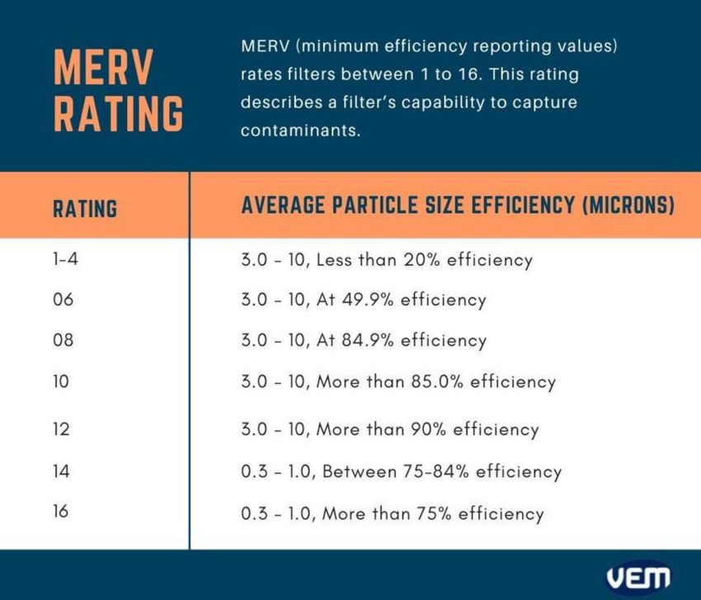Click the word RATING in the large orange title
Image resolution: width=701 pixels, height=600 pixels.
(118, 114)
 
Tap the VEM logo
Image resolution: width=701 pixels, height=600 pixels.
(638, 577)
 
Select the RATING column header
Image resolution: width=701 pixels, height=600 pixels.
(85, 208)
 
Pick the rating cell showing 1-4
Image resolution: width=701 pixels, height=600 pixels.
(64, 259)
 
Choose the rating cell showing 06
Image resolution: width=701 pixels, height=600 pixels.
(64, 300)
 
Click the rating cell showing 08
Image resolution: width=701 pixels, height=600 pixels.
(64, 340)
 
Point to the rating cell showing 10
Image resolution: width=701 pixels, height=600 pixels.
(62, 381)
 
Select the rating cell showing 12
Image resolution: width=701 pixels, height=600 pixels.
(62, 429)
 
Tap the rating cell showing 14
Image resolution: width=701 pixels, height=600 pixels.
(62, 471)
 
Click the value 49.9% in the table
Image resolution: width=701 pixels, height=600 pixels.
(370, 300)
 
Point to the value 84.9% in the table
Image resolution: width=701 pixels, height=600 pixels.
(370, 340)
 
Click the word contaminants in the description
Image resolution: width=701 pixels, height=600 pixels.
(301, 130)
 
